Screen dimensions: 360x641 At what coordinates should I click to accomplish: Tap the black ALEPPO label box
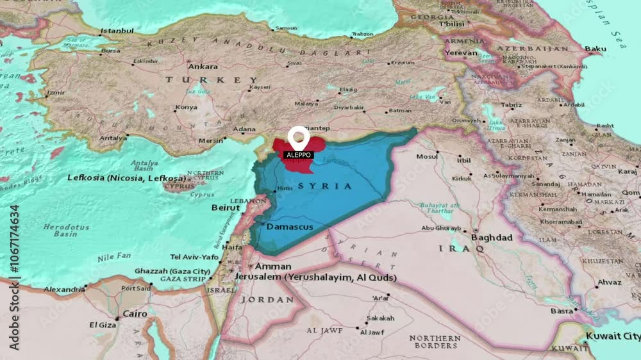pos(298,155)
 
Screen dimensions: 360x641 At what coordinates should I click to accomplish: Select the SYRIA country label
pos(331,186)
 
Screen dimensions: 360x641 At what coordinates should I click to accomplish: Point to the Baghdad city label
pos(492,238)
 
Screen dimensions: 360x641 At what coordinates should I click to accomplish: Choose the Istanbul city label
pos(117,30)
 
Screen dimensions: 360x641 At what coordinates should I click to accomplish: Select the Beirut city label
pos(226,208)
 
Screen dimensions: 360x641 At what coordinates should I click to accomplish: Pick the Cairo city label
pos(135,314)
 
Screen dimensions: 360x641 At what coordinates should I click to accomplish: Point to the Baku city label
pos(595,49)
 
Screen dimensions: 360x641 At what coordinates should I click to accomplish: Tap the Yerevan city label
pos(462,53)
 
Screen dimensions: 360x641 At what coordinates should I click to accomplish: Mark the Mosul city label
pos(427,156)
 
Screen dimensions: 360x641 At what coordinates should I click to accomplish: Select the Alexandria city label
pos(63,289)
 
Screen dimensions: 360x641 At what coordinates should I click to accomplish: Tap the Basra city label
pos(562,311)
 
